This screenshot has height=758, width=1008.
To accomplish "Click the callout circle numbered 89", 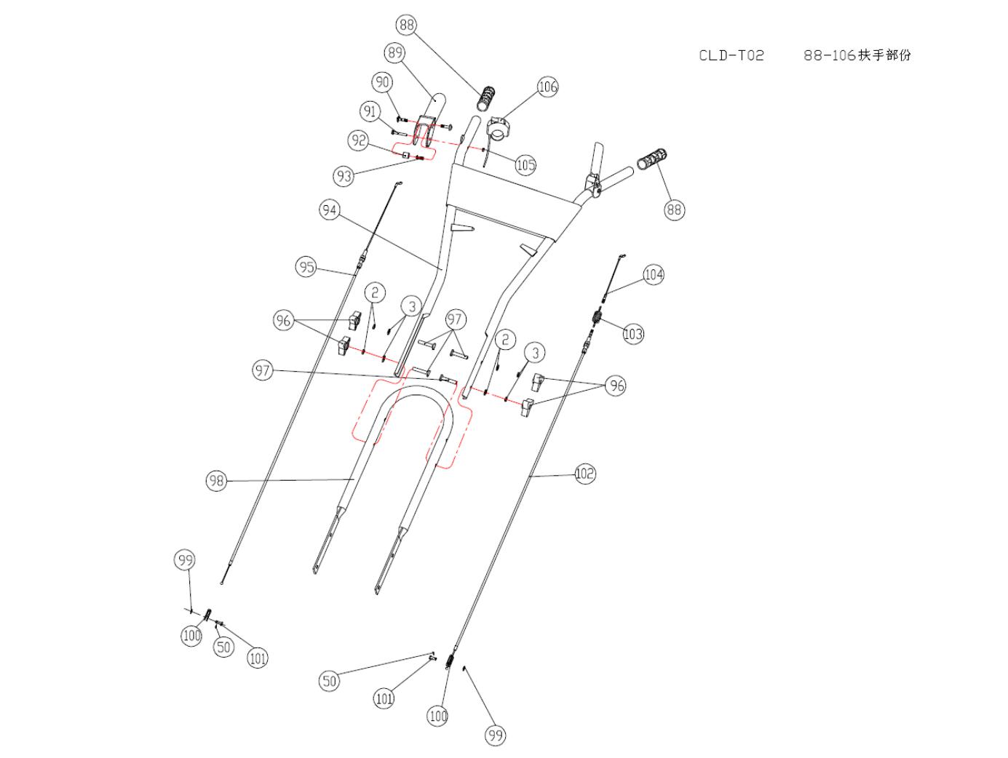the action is pos(395,53).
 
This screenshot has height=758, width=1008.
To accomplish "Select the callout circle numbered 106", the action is pos(547,87).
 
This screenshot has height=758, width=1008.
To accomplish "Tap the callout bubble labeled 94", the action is pos(330,210).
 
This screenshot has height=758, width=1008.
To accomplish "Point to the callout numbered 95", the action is pos(306,266).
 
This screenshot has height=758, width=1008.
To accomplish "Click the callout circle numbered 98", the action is pos(216,481).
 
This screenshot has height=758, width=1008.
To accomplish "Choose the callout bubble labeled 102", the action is pos(584,474).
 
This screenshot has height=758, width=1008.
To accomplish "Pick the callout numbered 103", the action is pos(633,334).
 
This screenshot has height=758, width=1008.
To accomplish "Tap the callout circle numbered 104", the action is pos(654,274).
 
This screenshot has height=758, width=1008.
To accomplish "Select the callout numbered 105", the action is pos(525,164).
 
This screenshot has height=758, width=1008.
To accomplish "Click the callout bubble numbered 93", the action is pos(344,176).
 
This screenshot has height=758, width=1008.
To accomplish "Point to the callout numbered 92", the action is pos(359,140).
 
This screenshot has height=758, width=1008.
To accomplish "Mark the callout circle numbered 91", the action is pos(370,111).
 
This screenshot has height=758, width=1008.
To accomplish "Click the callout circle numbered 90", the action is pos(382,83).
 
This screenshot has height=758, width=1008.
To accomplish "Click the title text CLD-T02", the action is pos(731,55).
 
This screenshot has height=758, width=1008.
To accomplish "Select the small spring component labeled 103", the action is pos(597,316).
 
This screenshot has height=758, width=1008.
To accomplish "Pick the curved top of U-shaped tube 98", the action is pos(416,391).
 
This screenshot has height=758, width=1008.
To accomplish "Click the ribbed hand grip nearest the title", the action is pos(652,159).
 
